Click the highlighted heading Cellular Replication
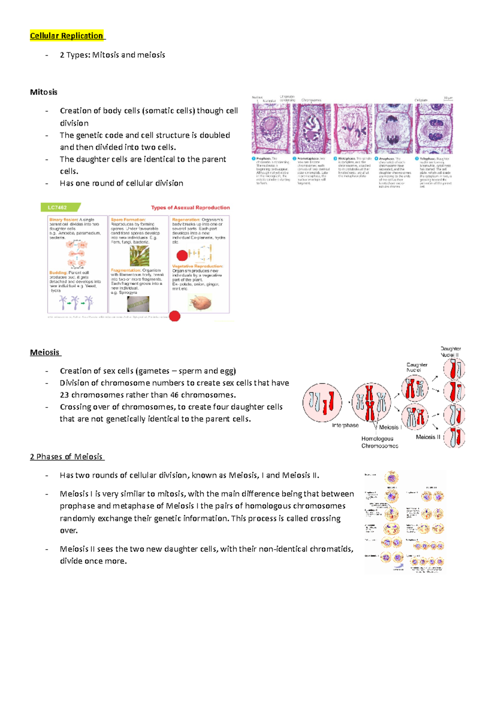point(66,36)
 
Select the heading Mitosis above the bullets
point(44,92)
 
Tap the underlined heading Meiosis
point(45,352)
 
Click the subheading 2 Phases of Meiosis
point(66,457)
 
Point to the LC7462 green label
point(58,207)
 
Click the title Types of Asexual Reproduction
point(190,208)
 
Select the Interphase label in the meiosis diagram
point(345,425)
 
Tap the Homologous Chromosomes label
point(379,442)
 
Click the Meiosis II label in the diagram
point(428,437)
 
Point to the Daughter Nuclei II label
point(450,352)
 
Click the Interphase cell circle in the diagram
point(322,403)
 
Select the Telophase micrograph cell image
point(434,128)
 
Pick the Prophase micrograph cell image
point(271,128)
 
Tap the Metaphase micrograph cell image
point(353,128)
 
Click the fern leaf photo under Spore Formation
point(139,256)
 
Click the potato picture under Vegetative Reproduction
point(200,303)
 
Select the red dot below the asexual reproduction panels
point(175,316)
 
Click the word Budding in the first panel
point(58,272)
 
